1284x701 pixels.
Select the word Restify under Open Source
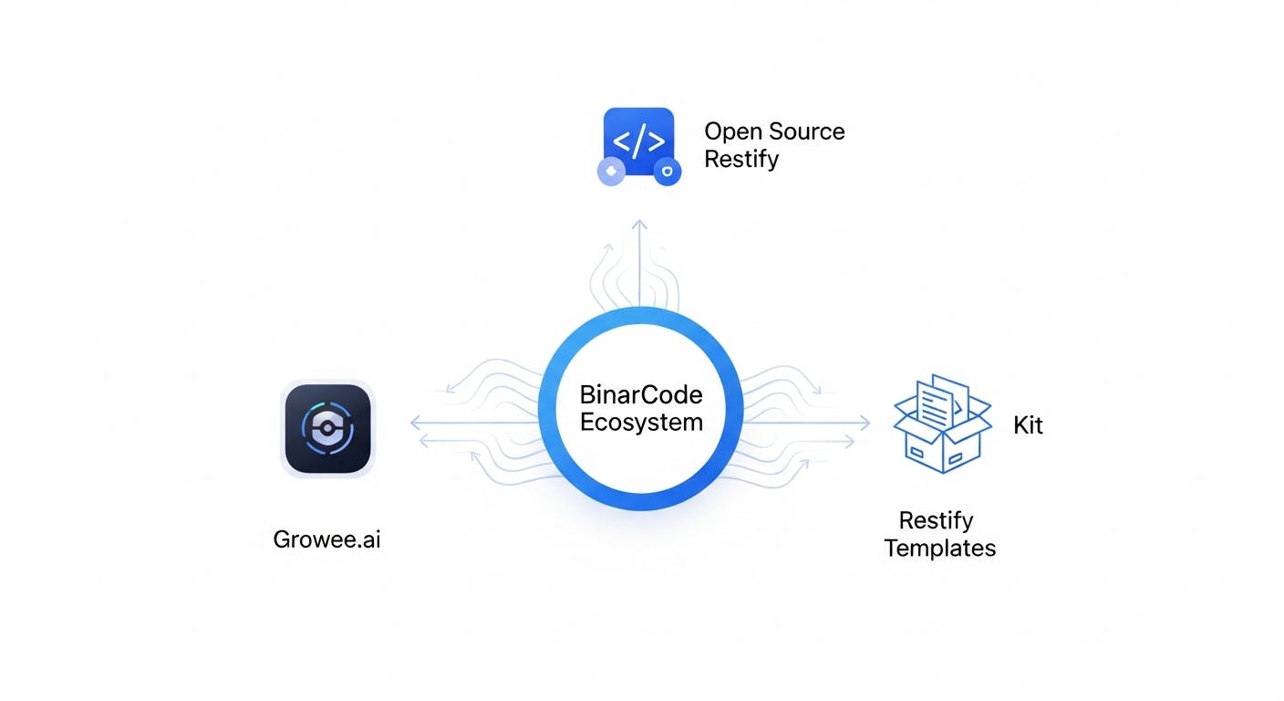pyautogui.click(x=741, y=159)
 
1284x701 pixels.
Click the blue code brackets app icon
pyautogui.click(x=638, y=143)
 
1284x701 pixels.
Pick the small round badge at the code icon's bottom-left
pyautogui.click(x=610, y=171)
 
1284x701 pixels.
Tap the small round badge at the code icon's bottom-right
pyautogui.click(x=668, y=171)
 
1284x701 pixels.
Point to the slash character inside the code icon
pyautogui.click(x=638, y=141)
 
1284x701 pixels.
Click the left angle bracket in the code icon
pyautogui.click(x=621, y=141)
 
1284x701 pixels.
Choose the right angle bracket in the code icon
pyautogui.click(x=657, y=141)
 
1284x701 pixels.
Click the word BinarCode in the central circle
pyautogui.click(x=641, y=395)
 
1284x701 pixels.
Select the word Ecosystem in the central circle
pyautogui.click(x=641, y=423)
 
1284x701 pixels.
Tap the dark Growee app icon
pyautogui.click(x=327, y=428)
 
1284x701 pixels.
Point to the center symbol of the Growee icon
pyautogui.click(x=327, y=428)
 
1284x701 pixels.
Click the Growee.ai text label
pyautogui.click(x=326, y=539)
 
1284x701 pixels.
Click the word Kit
pyautogui.click(x=1028, y=425)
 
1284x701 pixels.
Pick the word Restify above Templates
pyautogui.click(x=937, y=521)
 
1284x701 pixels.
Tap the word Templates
pyautogui.click(x=940, y=549)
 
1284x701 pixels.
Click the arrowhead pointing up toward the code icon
pyautogui.click(x=640, y=225)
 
